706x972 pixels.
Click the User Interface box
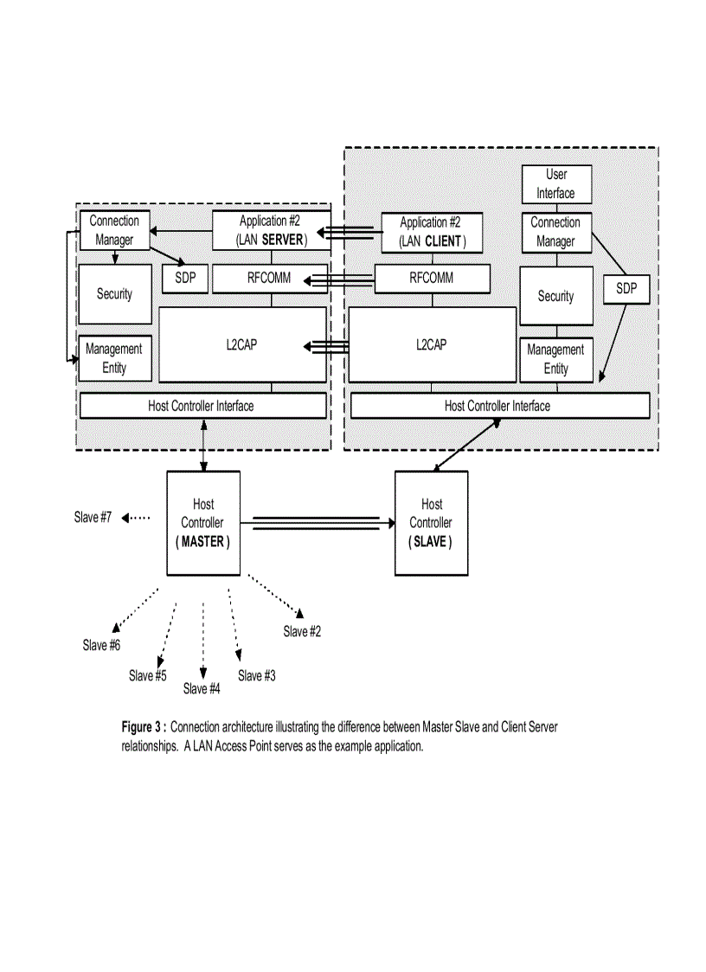point(556,184)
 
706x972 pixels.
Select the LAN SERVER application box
point(272,230)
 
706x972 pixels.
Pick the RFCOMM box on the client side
point(432,279)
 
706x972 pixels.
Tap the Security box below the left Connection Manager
point(114,294)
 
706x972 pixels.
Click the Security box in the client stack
point(555,296)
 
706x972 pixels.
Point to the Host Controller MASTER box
point(203,523)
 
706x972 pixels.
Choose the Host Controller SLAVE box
point(431,523)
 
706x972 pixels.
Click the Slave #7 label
point(93,518)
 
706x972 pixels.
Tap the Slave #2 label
point(302,632)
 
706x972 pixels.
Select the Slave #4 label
point(202,689)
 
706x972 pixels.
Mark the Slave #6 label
point(101,646)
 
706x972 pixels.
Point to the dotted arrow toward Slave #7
point(136,518)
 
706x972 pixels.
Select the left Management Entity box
point(114,358)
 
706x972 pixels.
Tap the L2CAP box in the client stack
point(431,344)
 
